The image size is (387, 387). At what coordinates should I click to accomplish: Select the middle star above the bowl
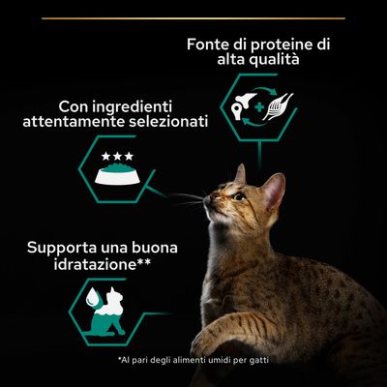117,155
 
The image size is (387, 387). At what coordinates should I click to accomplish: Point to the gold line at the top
193,17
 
